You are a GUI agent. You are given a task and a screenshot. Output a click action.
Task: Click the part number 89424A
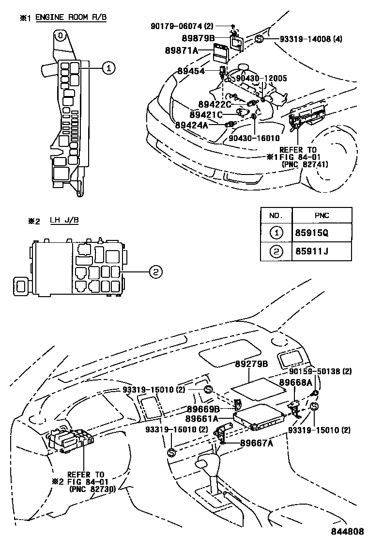[x=192, y=125]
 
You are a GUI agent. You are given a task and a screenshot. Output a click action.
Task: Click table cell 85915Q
[x=311, y=233]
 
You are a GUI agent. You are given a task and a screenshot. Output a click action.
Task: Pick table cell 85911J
[x=311, y=252]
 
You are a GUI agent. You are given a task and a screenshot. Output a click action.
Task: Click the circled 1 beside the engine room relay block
[x=109, y=69]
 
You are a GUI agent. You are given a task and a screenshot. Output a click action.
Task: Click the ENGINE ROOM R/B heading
[x=71, y=17]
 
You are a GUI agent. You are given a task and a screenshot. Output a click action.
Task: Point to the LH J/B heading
[x=64, y=221]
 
